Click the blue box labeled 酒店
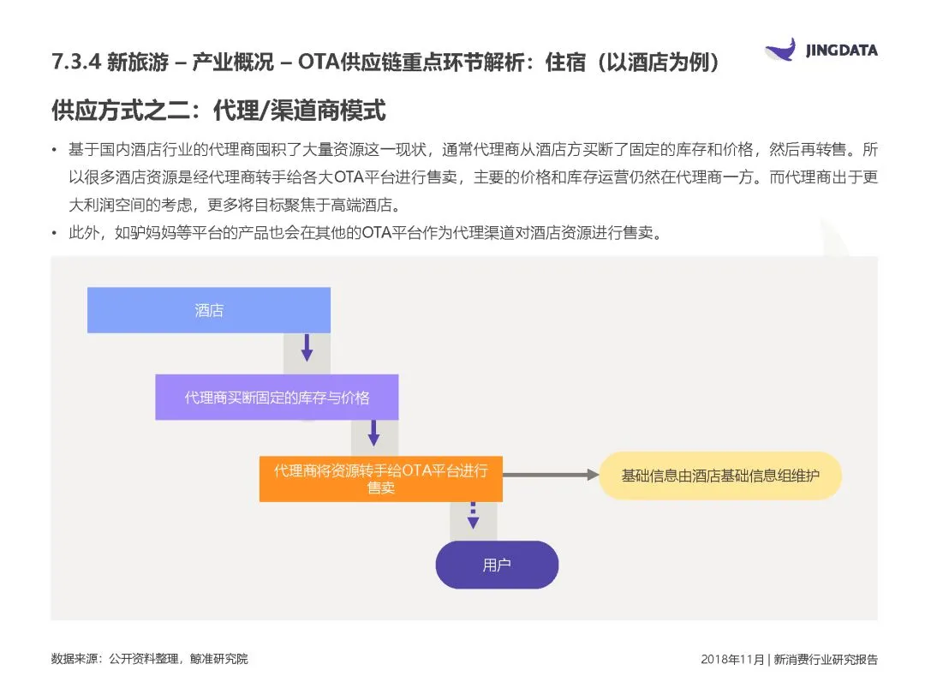click(x=209, y=310)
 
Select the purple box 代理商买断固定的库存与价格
click(x=277, y=398)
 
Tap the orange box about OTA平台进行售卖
click(x=380, y=479)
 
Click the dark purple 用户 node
click(x=497, y=565)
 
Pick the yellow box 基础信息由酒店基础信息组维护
click(x=719, y=476)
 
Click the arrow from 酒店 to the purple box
click(x=307, y=347)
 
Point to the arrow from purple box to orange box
click(x=373, y=433)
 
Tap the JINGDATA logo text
click(x=841, y=51)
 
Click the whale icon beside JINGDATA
click(x=779, y=50)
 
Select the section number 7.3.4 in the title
click(x=75, y=63)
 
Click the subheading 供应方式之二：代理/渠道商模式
click(x=218, y=111)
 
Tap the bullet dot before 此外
click(x=56, y=234)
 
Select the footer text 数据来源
click(x=75, y=659)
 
